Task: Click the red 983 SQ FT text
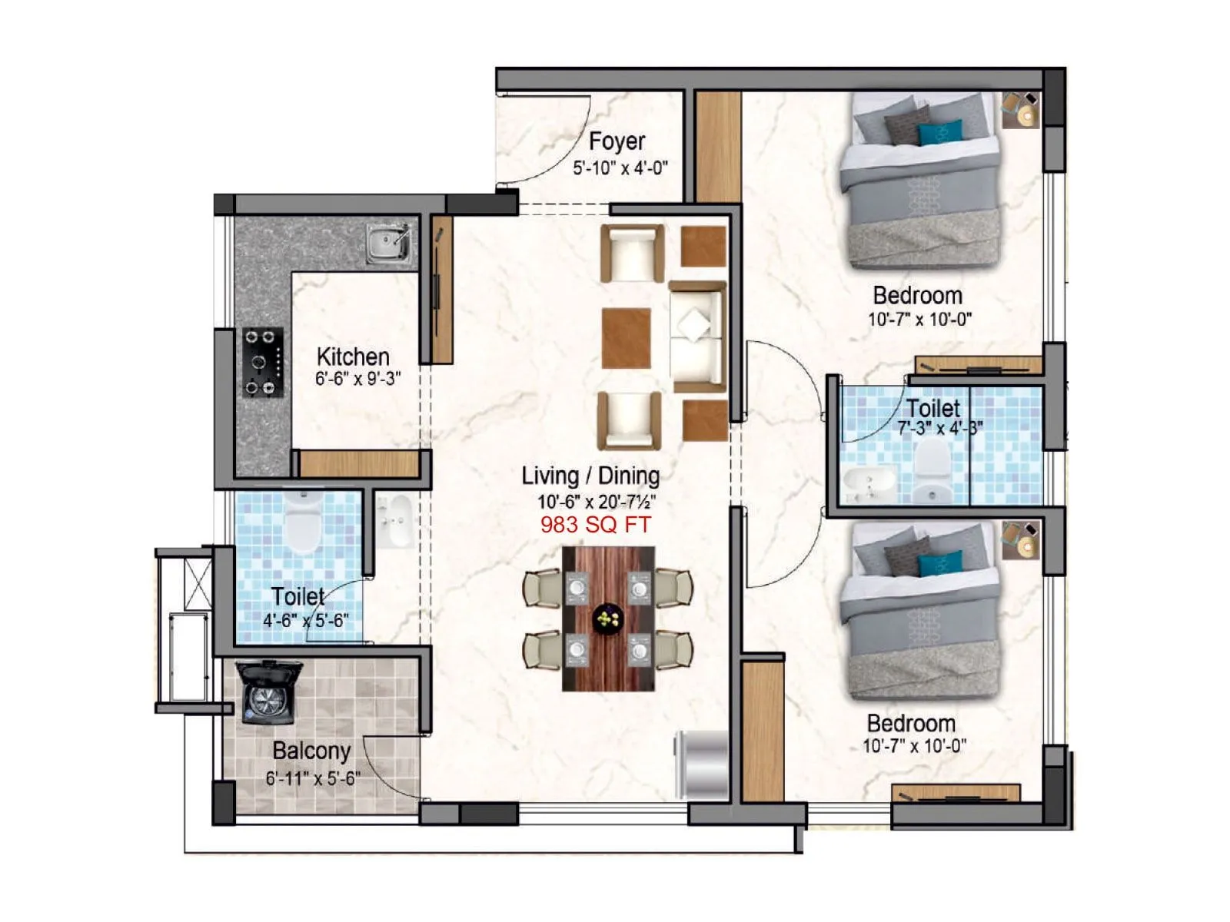[x=595, y=525]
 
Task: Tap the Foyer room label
[x=617, y=141]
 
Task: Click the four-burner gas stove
[x=263, y=362]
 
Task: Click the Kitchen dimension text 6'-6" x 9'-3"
[x=357, y=379]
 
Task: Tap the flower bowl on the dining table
[x=608, y=618]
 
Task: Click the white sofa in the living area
[x=696, y=337]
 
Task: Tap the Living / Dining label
[x=590, y=476]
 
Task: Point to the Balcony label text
[x=311, y=751]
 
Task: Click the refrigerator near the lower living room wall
[x=701, y=764]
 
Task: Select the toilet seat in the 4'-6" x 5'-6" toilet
[x=302, y=522]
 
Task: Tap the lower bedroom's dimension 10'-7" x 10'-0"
[x=913, y=745]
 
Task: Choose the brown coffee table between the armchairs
[x=626, y=337]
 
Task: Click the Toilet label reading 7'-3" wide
[x=932, y=409]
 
